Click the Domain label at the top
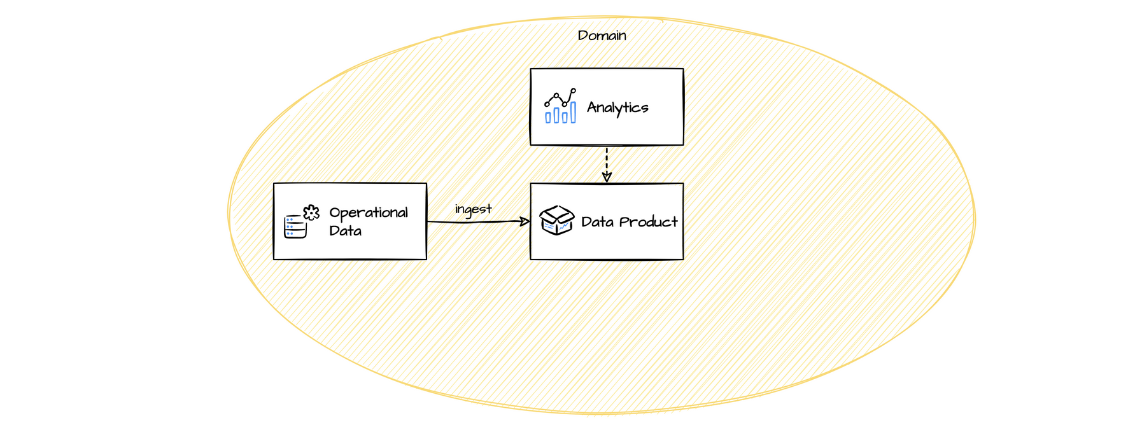pyautogui.click(x=602, y=36)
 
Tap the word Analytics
pyautogui.click(x=617, y=108)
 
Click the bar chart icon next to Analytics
pyautogui.click(x=560, y=106)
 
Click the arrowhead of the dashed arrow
pyautogui.click(x=607, y=178)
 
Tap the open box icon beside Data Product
pyautogui.click(x=557, y=220)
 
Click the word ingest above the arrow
pyautogui.click(x=473, y=209)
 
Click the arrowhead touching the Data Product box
pyautogui.click(x=525, y=221)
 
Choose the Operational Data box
pyautogui.click(x=382, y=248)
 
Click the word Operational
pyautogui.click(x=369, y=213)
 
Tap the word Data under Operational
pyautogui.click(x=345, y=231)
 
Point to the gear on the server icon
pyautogui.click(x=311, y=213)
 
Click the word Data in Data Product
pyautogui.click(x=597, y=222)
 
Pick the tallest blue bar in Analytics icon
pyautogui.click(x=573, y=112)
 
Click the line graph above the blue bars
pyautogui.click(x=560, y=97)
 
